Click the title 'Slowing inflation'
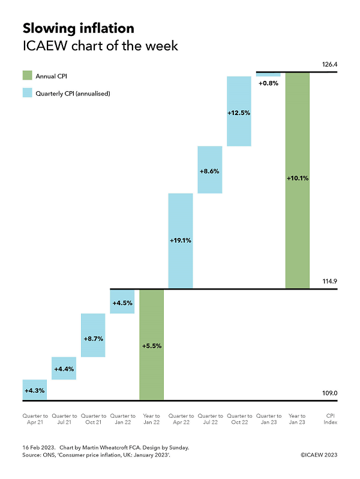pyautogui.click(x=78, y=28)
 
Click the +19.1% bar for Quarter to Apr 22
pyautogui.click(x=180, y=241)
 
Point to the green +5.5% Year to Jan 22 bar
pyautogui.click(x=151, y=345)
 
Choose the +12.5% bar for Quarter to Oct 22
pyautogui.click(x=239, y=111)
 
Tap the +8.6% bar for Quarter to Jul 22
pyautogui.click(x=209, y=170)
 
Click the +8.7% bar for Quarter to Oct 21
pyautogui.click(x=93, y=335)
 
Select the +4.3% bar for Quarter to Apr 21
pyautogui.click(x=34, y=390)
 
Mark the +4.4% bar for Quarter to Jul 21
pyautogui.click(x=64, y=368)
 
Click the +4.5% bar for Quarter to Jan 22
pyautogui.click(x=122, y=302)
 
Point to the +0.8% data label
pyautogui.click(x=268, y=83)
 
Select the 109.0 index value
pyautogui.click(x=330, y=393)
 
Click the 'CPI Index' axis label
pyautogui.click(x=330, y=419)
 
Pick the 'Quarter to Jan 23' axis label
pyautogui.click(x=268, y=419)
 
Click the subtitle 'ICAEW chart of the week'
pyautogui.click(x=100, y=46)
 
